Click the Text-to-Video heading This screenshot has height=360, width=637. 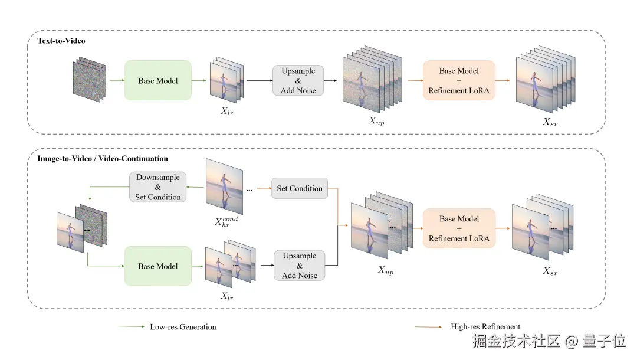click(61, 41)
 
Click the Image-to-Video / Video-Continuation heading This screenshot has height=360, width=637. click(103, 159)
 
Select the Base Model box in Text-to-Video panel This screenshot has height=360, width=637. click(157, 80)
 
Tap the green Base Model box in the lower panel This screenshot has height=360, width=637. click(157, 266)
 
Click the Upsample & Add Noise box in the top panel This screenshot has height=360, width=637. click(298, 81)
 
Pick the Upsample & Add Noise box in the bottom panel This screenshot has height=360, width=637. click(299, 266)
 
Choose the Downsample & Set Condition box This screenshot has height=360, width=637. click(157, 187)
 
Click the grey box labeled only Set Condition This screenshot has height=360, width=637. click(300, 189)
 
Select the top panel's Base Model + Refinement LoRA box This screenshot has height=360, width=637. click(459, 80)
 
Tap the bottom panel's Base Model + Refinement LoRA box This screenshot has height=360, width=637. click(459, 228)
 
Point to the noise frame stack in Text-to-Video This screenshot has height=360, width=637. click(89, 79)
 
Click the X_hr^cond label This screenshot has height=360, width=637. click(226, 222)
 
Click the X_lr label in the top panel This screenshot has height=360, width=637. click(226, 111)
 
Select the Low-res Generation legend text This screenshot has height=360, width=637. click(183, 327)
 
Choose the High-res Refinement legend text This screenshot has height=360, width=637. click(485, 327)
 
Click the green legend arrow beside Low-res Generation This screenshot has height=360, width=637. click(131, 327)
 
